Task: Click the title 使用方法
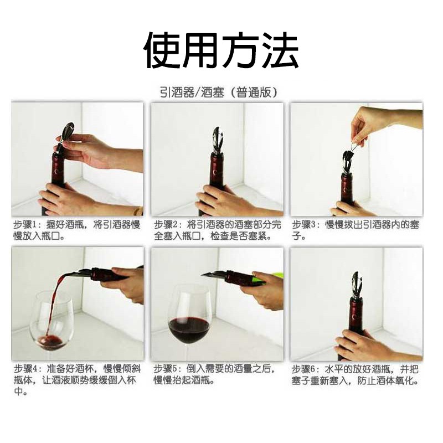(x=221, y=50)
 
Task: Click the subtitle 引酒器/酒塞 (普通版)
(x=219, y=92)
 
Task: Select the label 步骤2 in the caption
(x=167, y=225)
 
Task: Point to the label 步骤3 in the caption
(x=305, y=225)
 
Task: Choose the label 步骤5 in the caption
(x=167, y=369)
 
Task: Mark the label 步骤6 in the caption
(x=305, y=369)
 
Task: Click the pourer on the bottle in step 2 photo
(x=217, y=141)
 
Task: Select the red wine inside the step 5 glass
(x=189, y=329)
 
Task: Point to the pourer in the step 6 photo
(x=356, y=286)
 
